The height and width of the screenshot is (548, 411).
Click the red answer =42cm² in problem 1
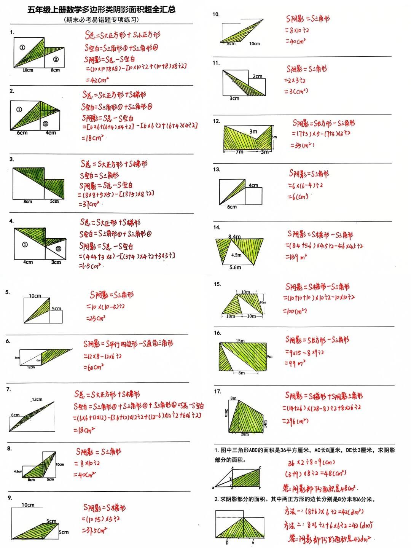click(97, 80)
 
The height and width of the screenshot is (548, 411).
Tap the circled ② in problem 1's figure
click(56, 59)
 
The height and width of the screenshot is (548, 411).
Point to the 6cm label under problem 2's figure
click(22, 133)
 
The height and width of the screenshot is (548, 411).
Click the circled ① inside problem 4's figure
click(25, 245)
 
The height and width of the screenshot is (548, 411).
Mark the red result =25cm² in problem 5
click(96, 318)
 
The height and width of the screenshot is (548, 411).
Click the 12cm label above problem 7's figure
click(37, 399)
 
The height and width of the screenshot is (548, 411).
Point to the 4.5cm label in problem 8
click(18, 471)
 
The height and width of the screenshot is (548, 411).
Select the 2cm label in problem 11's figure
click(258, 76)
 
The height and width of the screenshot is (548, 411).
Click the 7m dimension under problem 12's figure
click(239, 152)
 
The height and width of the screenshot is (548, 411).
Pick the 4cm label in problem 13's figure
click(253, 185)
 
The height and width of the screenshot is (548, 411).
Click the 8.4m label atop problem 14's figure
click(234, 237)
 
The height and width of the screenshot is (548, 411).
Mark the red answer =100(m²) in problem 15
click(295, 311)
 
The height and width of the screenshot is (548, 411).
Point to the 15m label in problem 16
click(240, 341)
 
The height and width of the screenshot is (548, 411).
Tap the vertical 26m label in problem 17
click(226, 413)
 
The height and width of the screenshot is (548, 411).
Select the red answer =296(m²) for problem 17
click(295, 421)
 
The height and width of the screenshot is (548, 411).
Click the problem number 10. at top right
click(216, 14)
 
